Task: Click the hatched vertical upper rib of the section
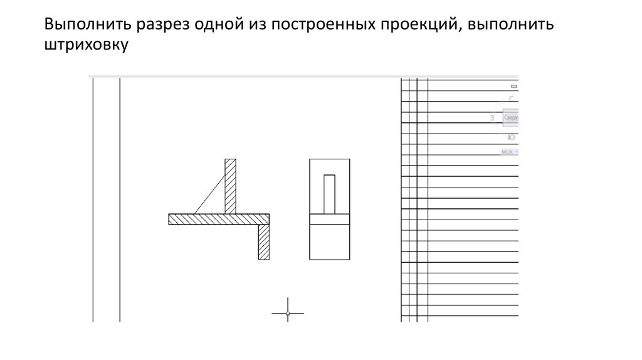[230, 186]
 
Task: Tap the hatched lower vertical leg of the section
[263, 241]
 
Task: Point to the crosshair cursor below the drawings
[288, 313]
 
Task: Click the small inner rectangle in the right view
[329, 194]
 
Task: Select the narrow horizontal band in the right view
[329, 220]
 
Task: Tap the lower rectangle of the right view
[329, 241]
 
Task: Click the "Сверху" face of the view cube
[511, 118]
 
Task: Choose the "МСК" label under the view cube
[507, 152]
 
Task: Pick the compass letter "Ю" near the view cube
[512, 137]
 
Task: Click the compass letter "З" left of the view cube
[493, 118]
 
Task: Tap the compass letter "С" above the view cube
[512, 98]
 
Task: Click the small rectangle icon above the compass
[514, 86]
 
